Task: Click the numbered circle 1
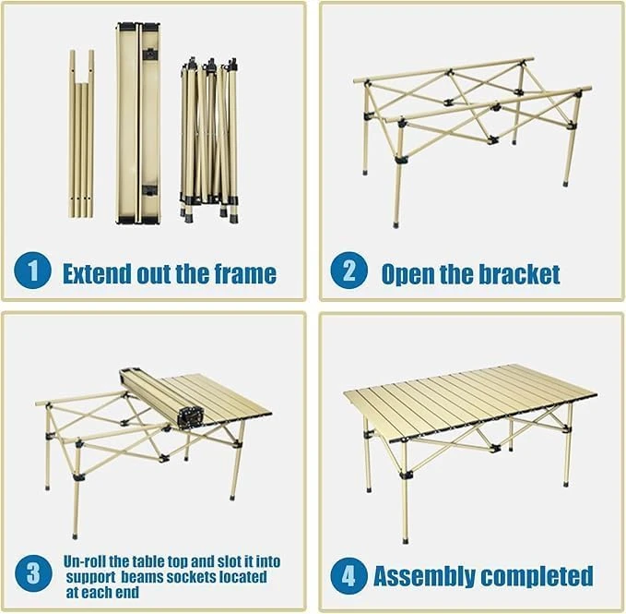click(x=32, y=271)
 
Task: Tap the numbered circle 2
click(x=348, y=271)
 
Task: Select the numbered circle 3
click(x=33, y=573)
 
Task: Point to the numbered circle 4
click(x=348, y=576)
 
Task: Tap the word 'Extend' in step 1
click(x=97, y=273)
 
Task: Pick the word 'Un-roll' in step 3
click(x=84, y=561)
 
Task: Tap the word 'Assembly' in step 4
click(x=425, y=577)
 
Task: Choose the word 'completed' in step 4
click(x=537, y=577)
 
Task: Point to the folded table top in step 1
click(x=138, y=123)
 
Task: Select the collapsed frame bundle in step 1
click(x=209, y=140)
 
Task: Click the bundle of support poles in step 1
click(x=82, y=134)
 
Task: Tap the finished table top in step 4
click(x=470, y=403)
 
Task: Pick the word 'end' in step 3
click(x=127, y=593)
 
